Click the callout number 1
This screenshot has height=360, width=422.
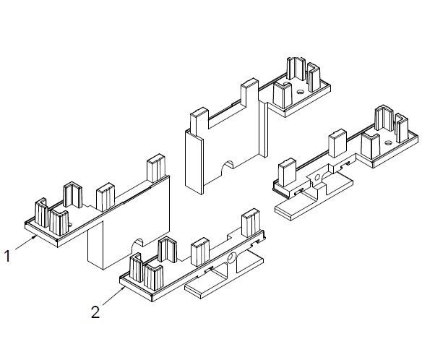pos(7,256)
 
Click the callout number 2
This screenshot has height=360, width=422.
pos(95,312)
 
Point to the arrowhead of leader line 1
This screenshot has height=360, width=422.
pos(35,236)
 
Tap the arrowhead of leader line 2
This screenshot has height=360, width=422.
pos(123,288)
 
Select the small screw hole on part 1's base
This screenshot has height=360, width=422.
pos(71,224)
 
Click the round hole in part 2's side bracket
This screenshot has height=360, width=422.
pos(231,259)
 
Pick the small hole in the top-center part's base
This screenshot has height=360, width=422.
pos(300,92)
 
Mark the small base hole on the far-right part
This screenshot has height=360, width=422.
pos(388,142)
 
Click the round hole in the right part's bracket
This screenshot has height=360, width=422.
pos(317,177)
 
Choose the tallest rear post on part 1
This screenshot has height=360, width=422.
pos(156,168)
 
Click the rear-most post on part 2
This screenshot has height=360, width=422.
pos(251,223)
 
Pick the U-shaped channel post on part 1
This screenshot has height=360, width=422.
pos(73,195)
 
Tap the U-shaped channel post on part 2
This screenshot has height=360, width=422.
pos(168,249)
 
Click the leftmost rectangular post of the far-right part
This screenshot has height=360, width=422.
pos(288,173)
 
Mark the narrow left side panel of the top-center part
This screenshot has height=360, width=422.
pos(194,162)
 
